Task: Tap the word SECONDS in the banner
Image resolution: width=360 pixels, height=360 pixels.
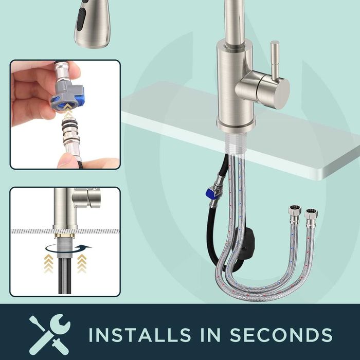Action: pyautogui.click(x=281, y=334)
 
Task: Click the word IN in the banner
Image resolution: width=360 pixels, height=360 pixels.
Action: pyautogui.click(x=210, y=334)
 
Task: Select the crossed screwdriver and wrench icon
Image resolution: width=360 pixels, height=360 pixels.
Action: pyautogui.click(x=49, y=334)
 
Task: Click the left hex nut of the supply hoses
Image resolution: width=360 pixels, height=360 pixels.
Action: pyautogui.click(x=295, y=210)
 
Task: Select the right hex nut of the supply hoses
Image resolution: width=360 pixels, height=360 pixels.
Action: pyautogui.click(x=311, y=214)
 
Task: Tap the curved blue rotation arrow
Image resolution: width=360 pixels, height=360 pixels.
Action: pyautogui.click(x=68, y=248)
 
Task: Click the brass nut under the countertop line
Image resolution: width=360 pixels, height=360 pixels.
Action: pyautogui.click(x=65, y=236)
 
